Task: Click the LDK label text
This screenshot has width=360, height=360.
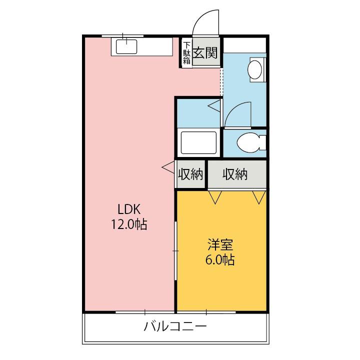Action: point(128,209)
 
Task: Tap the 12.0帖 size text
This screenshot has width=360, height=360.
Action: point(128,224)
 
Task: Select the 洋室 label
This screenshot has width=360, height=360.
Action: point(220,246)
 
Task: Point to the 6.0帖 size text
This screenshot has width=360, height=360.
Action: point(220,260)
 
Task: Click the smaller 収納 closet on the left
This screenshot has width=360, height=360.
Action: point(190,174)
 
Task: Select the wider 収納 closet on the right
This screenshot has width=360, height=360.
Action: point(235,174)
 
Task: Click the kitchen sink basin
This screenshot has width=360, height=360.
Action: point(127,46)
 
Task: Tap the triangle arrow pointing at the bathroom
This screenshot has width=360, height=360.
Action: point(214,105)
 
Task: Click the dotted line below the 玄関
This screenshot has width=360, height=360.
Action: point(221,80)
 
